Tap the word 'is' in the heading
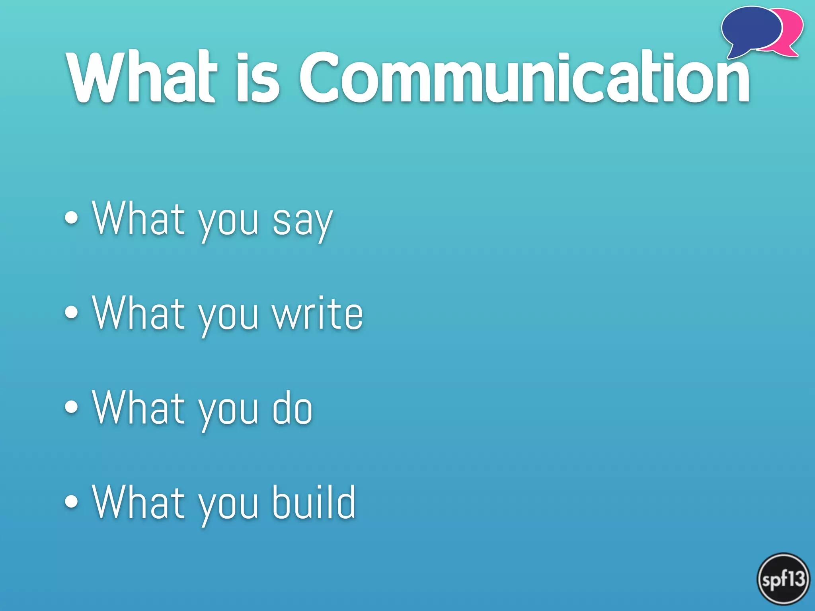258,78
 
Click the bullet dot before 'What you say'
72,218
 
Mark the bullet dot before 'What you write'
72,312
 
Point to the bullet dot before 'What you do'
72,407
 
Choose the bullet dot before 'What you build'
72,501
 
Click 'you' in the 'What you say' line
228,223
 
